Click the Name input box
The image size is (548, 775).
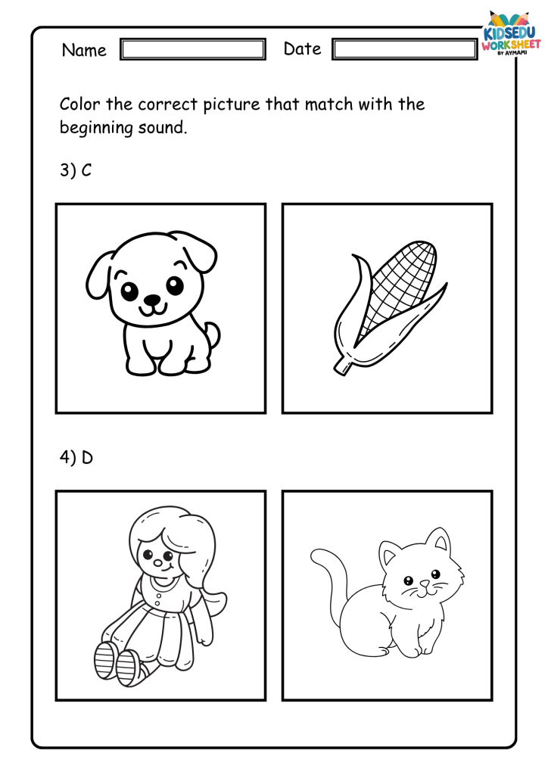(193, 49)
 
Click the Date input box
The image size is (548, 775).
(405, 49)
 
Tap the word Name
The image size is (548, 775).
(84, 50)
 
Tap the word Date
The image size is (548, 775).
(303, 49)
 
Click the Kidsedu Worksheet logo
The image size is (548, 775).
(511, 33)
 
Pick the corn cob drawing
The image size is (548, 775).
(388, 307)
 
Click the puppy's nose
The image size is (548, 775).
(152, 300)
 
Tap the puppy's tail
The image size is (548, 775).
(213, 336)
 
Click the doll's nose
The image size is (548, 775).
(157, 563)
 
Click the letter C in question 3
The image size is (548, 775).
(86, 170)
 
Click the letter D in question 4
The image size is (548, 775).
(87, 458)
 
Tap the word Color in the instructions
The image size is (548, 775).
(80, 104)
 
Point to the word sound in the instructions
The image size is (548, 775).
(163, 127)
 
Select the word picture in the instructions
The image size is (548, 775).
(232, 105)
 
